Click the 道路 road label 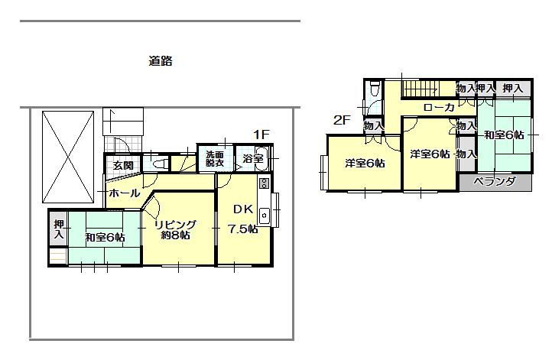pos(160,62)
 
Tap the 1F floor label pos(261,135)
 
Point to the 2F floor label pos(341,119)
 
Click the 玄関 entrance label pos(123,165)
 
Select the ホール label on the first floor pos(124,193)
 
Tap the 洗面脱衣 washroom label pos(214,159)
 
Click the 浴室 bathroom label pos(252,159)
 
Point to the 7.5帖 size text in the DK pos(244,229)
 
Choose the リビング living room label pos(176,224)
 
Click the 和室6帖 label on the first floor pos(105,237)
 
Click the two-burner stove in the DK pos(264,183)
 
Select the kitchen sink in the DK pos(264,214)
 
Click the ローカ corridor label pos(439,108)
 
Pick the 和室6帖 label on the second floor pos(504,135)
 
